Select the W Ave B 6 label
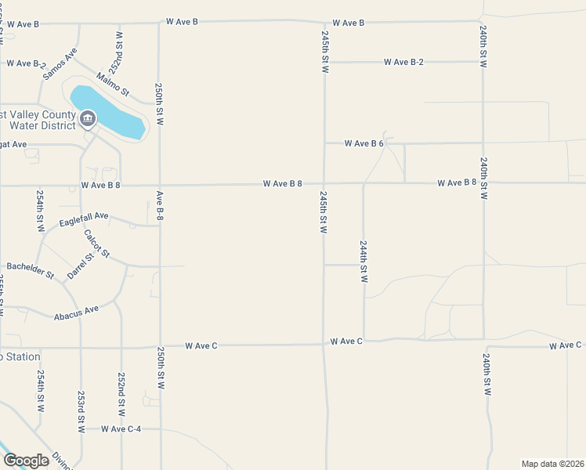tap(364, 143)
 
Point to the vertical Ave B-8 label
tap(160, 204)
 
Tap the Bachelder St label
tap(30, 270)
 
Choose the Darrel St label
tap(80, 266)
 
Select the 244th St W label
tap(364, 262)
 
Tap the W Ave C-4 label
tap(119, 429)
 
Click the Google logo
tap(26, 461)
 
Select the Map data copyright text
tap(552, 463)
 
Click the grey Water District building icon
tap(87, 119)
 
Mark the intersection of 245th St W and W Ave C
tap(324, 342)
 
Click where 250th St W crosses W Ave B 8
tap(160, 186)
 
